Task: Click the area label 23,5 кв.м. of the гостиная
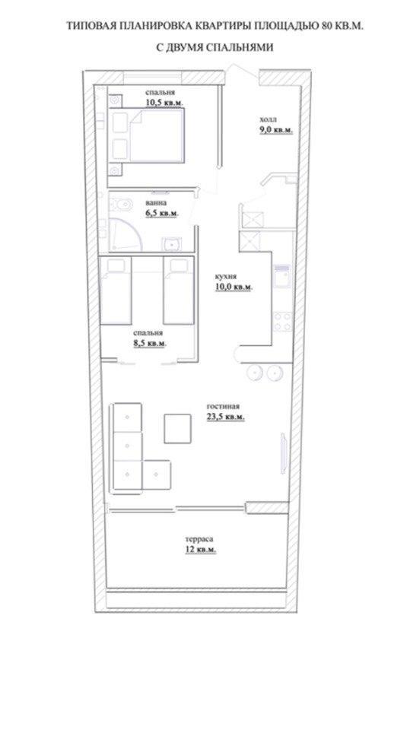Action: pos(225,416)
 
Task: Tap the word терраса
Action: pos(199,539)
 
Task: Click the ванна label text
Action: pos(154,203)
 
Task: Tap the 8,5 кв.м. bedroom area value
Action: pos(149,344)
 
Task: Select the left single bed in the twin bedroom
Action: pos(116,291)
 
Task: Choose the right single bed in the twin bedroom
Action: pos(179,291)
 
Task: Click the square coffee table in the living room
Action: pos(177,428)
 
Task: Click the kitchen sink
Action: pos(281,277)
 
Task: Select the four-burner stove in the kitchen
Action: pos(282,321)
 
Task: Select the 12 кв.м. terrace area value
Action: pos(200,550)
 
